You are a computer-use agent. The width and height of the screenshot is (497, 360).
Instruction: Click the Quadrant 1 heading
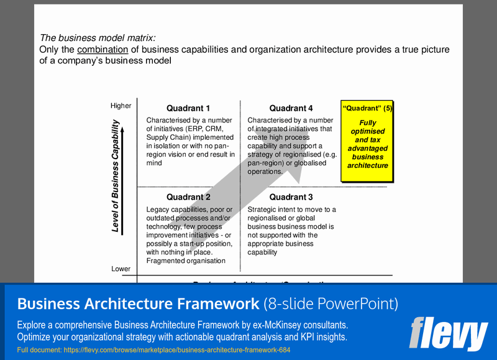188,108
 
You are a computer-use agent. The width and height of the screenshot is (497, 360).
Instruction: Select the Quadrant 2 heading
188,198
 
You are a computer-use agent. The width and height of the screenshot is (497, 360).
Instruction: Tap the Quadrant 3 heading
291,198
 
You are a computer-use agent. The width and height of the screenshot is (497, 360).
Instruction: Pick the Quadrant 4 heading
291,108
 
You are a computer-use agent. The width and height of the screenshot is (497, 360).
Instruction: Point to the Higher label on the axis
121,106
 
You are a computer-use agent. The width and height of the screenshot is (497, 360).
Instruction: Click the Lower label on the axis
121,269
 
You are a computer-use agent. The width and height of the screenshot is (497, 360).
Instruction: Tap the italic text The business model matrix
98,38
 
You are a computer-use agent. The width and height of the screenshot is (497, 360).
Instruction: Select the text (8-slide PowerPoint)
331,304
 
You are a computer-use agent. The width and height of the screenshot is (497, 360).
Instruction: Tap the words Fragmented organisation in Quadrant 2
186,261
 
